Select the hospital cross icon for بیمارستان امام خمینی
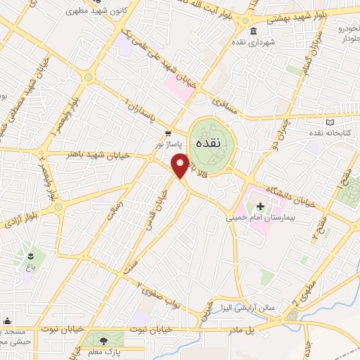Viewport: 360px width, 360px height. click(x=260, y=207)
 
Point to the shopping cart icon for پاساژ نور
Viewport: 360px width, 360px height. click(x=168, y=133)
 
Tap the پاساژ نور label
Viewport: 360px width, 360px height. click(x=168, y=143)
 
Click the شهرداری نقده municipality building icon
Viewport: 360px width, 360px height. click(x=252, y=32)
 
